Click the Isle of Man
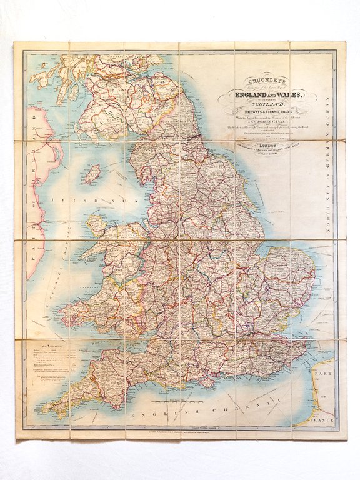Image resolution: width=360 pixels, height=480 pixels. point(92,173)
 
